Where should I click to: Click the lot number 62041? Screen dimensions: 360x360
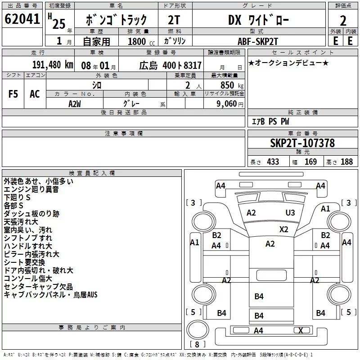pyautogui.click(x=22, y=19)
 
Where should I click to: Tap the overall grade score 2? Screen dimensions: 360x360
pyautogui.click(x=343, y=21)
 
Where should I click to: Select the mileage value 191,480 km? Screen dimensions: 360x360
pyautogui.click(x=53, y=65)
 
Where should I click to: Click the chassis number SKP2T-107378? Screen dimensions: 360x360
pyautogui.click(x=302, y=143)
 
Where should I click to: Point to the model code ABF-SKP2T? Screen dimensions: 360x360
pyautogui.click(x=258, y=41)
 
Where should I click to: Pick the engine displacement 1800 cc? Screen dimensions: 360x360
pyautogui.click(x=141, y=41)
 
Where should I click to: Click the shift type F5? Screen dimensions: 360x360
pyautogui.click(x=13, y=94)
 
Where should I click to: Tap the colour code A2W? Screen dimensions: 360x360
pyautogui.click(x=75, y=104)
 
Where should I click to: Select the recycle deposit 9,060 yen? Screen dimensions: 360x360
pyautogui.click(x=230, y=104)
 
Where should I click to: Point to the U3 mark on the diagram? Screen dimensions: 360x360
pyautogui.click(x=290, y=212)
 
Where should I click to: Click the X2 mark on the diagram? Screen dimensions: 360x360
pyautogui.click(x=284, y=229)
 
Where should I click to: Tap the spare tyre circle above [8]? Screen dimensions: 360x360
pyautogui.click(x=198, y=329)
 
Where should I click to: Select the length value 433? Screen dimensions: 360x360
pyautogui.click(x=273, y=162)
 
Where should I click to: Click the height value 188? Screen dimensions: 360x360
pyautogui.click(x=346, y=162)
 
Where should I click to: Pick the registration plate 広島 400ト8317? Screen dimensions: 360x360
pyautogui.click(x=170, y=66)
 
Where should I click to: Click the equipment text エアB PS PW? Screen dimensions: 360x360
pyautogui.click(x=270, y=121)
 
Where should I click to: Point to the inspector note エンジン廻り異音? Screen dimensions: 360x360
pyautogui.click(x=31, y=189)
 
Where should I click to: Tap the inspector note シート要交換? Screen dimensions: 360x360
pyautogui.click(x=24, y=262)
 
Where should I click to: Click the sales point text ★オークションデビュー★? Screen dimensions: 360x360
pyautogui.click(x=288, y=63)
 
